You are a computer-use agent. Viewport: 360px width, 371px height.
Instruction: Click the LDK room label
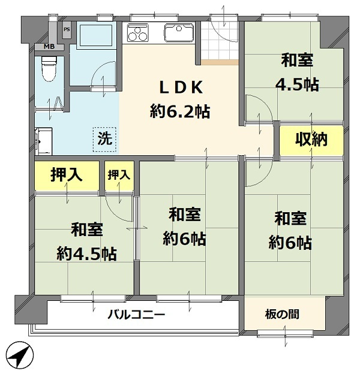coord(182,88)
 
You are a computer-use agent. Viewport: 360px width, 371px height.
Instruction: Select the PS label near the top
coord(67,29)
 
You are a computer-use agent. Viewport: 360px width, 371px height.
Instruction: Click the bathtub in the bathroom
coord(95,37)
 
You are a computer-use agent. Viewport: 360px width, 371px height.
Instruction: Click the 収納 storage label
coord(311,140)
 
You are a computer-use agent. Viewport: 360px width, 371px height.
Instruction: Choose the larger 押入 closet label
coord(65,176)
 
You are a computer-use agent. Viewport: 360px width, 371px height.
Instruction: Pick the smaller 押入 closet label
coord(119,176)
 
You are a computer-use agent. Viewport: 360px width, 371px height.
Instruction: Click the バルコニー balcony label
coord(136,314)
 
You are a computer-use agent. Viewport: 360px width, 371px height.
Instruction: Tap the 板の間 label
coord(282,314)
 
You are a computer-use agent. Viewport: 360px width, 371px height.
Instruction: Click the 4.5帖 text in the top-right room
coord(297,85)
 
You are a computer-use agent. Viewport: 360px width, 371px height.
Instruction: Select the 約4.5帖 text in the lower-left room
coord(87,254)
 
